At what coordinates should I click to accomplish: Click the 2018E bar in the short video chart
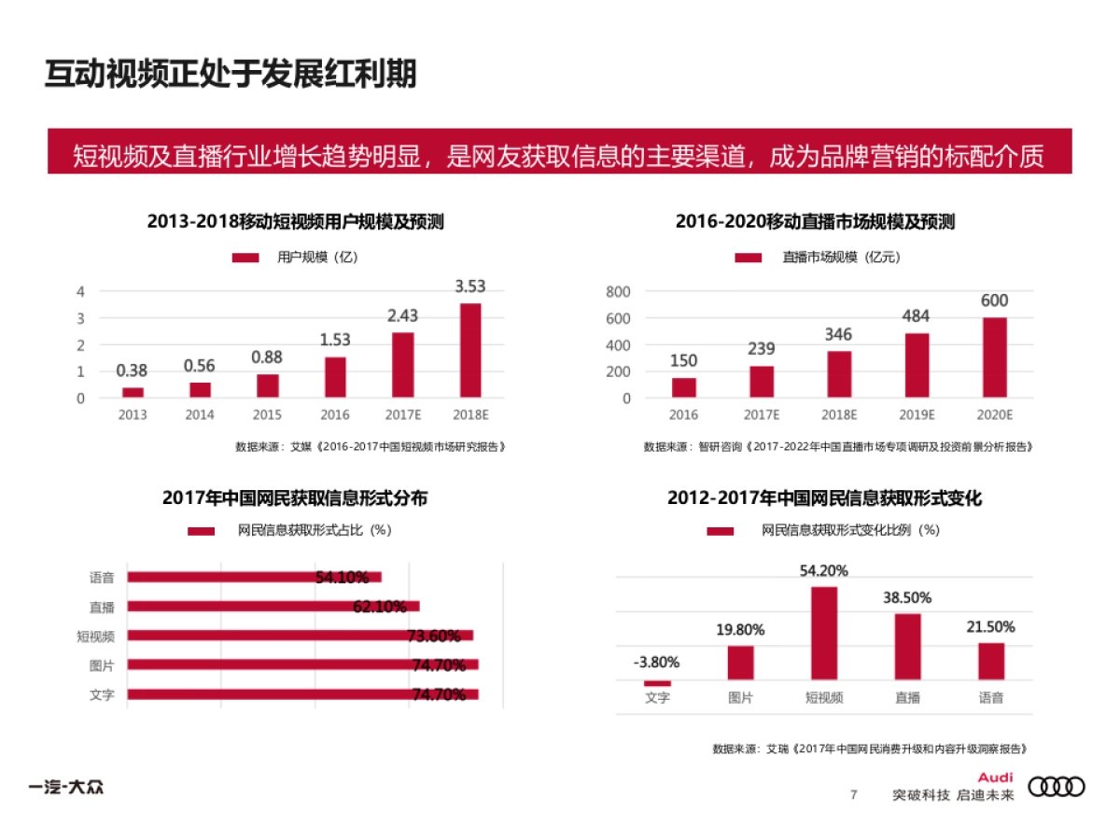tap(470, 350)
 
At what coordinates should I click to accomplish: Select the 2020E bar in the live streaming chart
tap(995, 357)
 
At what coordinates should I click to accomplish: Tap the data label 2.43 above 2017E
tap(403, 316)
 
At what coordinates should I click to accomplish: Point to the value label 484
tap(916, 317)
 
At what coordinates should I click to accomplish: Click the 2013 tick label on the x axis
tap(133, 414)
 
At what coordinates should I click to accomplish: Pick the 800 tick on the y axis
tap(618, 292)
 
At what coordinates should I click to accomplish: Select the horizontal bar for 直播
tap(273, 607)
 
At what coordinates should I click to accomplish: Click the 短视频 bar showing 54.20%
tap(824, 632)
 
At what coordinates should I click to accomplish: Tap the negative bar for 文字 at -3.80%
tap(657, 683)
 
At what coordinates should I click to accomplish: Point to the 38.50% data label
tap(907, 598)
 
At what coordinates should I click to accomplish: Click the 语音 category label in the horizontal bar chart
tap(102, 578)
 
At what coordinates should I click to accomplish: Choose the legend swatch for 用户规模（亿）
tap(245, 258)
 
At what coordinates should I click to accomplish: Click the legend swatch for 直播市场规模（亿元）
tap(748, 258)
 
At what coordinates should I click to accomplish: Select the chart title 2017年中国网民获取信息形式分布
tap(295, 498)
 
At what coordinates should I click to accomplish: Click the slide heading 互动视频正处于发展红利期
tap(231, 75)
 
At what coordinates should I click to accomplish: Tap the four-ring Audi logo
tap(1057, 788)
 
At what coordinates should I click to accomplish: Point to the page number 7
tap(853, 795)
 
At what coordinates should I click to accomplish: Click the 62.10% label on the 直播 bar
tap(380, 607)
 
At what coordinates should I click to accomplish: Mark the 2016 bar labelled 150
tap(684, 387)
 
